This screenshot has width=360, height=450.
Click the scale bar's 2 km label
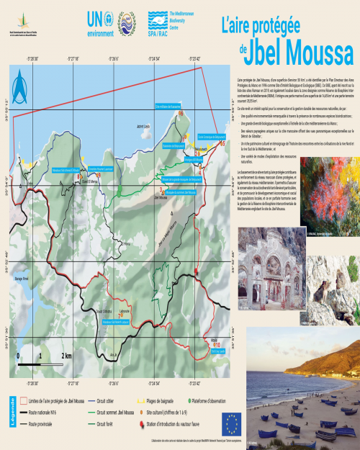click(66, 356)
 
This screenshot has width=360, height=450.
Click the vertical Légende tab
click(12, 413)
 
